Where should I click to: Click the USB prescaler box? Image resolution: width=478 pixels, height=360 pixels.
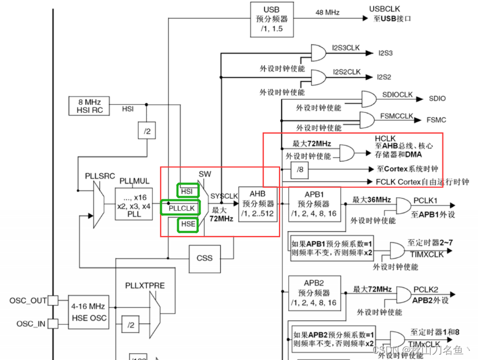271,19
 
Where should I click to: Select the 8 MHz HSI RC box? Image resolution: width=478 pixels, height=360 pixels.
89,106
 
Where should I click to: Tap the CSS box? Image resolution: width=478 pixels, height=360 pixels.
204,258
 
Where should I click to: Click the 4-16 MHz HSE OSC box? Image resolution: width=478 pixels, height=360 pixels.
89,312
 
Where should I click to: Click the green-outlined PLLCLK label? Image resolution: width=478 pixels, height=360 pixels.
182,208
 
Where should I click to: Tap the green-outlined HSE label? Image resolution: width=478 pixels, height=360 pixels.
188,225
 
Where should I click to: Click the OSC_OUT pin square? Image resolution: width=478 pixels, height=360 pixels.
53,301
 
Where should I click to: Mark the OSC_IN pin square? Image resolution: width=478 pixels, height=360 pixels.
53,323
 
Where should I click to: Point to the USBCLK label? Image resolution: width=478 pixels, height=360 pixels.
385,9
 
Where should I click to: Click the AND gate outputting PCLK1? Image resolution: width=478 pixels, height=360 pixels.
402,206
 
